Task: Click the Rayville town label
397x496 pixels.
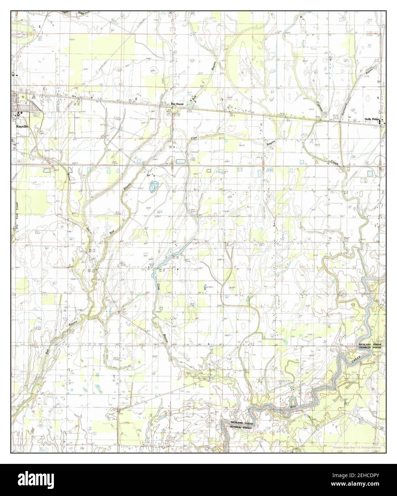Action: pos(21,126)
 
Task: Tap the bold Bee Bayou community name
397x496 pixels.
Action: pos(178,104)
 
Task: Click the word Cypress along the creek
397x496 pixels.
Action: pos(320,107)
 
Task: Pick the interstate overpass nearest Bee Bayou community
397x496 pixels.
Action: pos(173,166)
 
